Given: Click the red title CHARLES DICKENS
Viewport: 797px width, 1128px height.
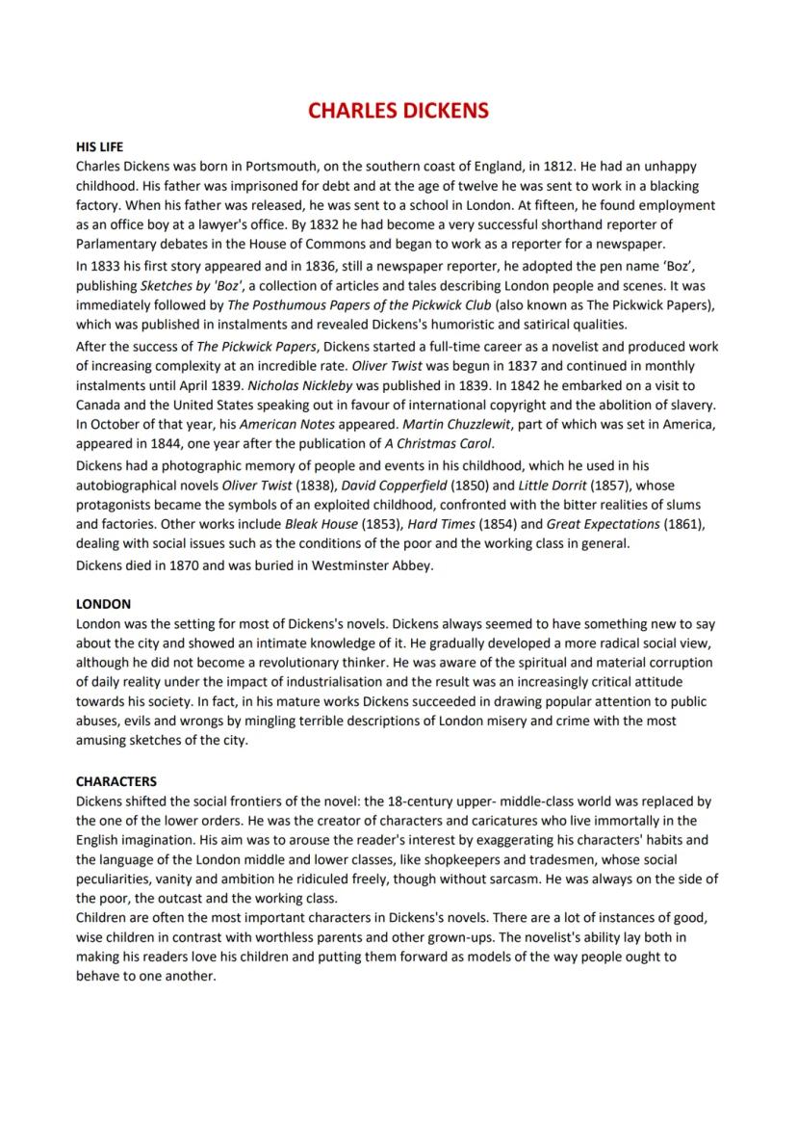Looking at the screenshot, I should coord(398,110).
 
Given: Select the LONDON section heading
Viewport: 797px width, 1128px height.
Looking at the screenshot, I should coord(103,604).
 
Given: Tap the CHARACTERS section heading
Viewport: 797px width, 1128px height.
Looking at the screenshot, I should coord(116,781).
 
